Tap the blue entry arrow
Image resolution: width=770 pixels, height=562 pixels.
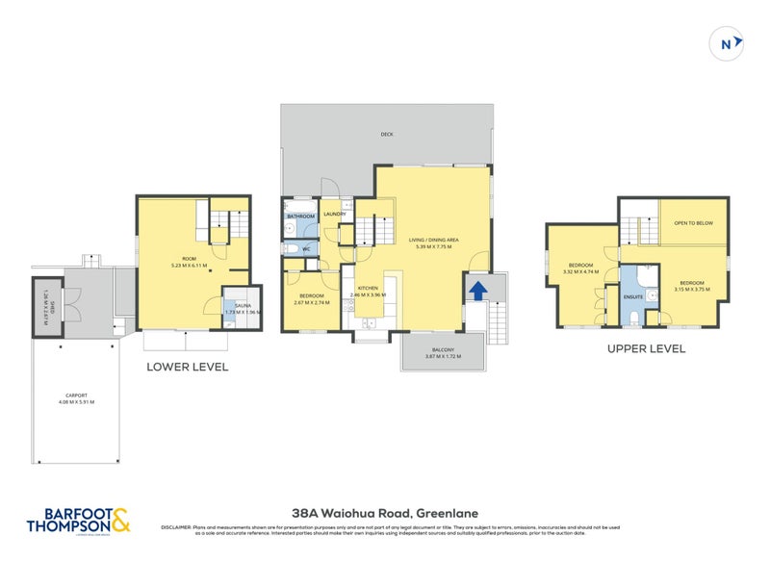(x=476, y=289)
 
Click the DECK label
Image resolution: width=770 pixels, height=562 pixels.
(x=387, y=134)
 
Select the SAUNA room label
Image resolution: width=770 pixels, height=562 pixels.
(x=243, y=305)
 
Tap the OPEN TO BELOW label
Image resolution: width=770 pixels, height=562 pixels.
(x=693, y=222)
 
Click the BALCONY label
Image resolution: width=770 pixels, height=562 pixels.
(x=443, y=350)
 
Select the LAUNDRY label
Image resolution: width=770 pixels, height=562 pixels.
(x=334, y=214)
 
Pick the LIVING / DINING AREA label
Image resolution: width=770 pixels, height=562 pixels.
(x=432, y=240)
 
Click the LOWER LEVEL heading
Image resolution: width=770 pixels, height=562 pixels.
(x=187, y=367)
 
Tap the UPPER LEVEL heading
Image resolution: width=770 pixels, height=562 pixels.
(x=647, y=348)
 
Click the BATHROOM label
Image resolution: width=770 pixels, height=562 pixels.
(x=301, y=217)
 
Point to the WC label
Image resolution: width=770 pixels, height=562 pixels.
(x=306, y=248)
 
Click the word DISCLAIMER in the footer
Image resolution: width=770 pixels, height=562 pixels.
(x=180, y=526)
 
